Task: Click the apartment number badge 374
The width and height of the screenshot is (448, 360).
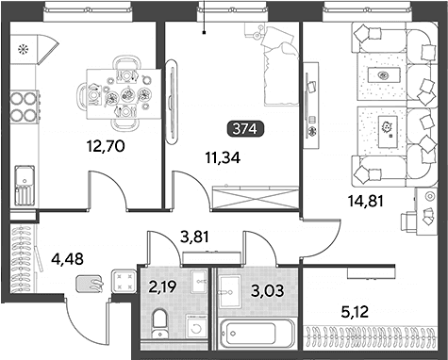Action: pyautogui.click(x=245, y=129)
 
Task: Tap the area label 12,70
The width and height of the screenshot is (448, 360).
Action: pyautogui.click(x=106, y=146)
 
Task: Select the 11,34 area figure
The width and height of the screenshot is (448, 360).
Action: pyautogui.click(x=223, y=157)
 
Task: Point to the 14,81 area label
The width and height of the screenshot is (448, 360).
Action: pyautogui.click(x=366, y=201)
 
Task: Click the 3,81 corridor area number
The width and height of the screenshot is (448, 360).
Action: pyautogui.click(x=194, y=237)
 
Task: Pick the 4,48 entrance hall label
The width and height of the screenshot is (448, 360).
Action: pyautogui.click(x=68, y=260)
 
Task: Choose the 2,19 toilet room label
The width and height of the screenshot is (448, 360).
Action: pyautogui.click(x=162, y=286)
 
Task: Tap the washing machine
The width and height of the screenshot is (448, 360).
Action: pyautogui.click(x=196, y=328)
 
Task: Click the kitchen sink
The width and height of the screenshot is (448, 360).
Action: pyautogui.click(x=25, y=185)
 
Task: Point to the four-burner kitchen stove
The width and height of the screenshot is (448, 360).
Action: pyautogui.click(x=25, y=106)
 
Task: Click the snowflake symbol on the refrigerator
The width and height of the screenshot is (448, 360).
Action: pyautogui.click(x=22, y=49)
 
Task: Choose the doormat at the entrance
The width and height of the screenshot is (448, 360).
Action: pyautogui.click(x=89, y=283)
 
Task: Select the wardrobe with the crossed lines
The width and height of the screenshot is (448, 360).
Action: pyautogui.click(x=256, y=198)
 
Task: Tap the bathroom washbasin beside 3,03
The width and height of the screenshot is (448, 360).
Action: pyautogui.click(x=230, y=292)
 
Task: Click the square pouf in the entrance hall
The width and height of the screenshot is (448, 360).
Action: pyautogui.click(x=124, y=281)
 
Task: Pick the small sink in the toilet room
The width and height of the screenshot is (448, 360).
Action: pyautogui.click(x=199, y=282)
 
